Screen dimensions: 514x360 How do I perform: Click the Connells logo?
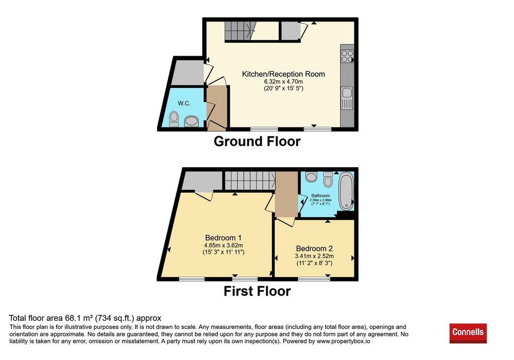tap(468, 333)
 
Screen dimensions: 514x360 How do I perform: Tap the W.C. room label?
tap(184, 103)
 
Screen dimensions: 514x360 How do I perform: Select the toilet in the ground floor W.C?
tap(174, 119)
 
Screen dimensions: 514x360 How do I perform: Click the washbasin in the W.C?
tap(191, 122)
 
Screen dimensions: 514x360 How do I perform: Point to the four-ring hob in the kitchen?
tap(347, 56)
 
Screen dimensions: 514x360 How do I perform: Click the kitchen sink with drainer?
tap(347, 98)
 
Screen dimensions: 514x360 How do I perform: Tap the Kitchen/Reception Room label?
tap(284, 74)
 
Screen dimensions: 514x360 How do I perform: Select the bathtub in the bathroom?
tap(345, 191)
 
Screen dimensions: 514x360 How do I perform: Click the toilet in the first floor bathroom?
tap(328, 179)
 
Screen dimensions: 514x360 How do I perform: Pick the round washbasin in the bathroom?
tap(311, 177)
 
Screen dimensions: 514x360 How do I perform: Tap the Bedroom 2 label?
tap(314, 249)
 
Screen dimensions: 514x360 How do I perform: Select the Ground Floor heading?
tap(257, 141)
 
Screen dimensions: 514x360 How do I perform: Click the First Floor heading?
tap(257, 291)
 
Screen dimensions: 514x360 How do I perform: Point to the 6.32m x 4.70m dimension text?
tap(284, 81)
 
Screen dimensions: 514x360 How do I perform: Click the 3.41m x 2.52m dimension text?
tap(314, 256)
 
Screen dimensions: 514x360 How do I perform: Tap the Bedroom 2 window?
tap(314, 279)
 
